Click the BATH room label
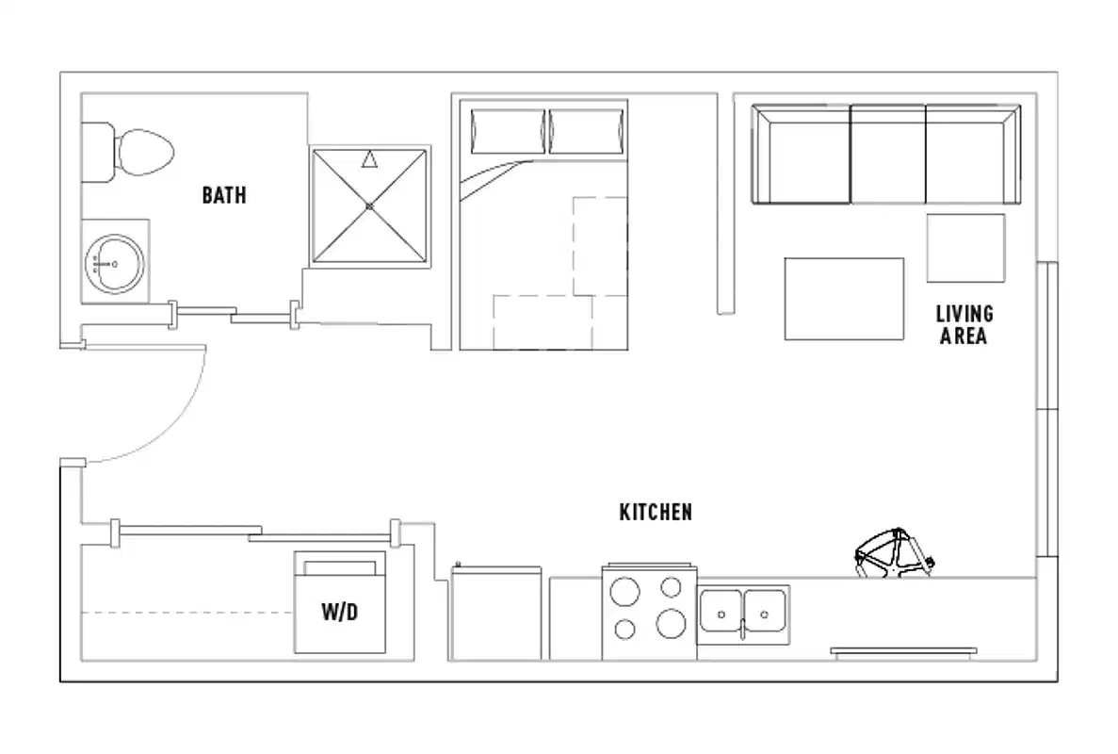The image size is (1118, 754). tap(224, 195)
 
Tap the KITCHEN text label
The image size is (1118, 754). tap(656, 513)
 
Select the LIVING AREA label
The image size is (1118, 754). tap(963, 324)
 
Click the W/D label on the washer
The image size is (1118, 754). tap(340, 613)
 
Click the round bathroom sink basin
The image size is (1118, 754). tap(114, 264)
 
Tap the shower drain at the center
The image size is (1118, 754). tap(369, 205)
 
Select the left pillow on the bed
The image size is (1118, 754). tap(509, 129)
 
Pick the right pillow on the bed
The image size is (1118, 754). tap(587, 129)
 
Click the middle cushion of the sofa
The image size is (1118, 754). tap(888, 154)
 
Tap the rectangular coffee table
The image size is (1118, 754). tap(844, 298)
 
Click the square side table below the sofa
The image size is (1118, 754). tap(965, 248)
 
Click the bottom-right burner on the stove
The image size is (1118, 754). tap(671, 623)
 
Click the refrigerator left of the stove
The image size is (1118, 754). tap(496, 613)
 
